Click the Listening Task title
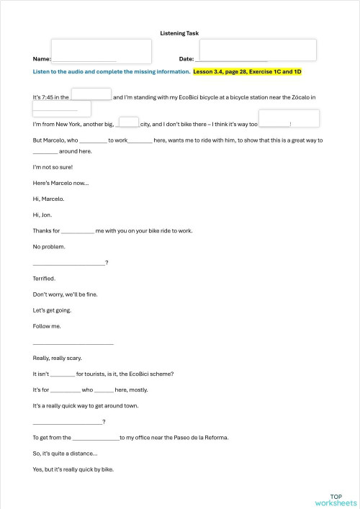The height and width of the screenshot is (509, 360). pos(179,33)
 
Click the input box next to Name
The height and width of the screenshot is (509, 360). pos(101,51)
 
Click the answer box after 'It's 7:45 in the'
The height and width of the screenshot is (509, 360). pos(91,94)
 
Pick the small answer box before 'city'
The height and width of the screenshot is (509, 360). pos(128,122)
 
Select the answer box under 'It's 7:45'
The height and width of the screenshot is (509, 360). pos(61,108)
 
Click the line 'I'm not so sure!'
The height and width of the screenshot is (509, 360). pos(53,167)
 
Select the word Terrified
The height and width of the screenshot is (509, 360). pos(44,279)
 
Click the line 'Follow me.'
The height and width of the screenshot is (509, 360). pos(47,326)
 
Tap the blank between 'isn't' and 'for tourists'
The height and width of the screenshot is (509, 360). pos(63,374)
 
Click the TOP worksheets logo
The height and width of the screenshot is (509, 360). pos(335,500)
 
